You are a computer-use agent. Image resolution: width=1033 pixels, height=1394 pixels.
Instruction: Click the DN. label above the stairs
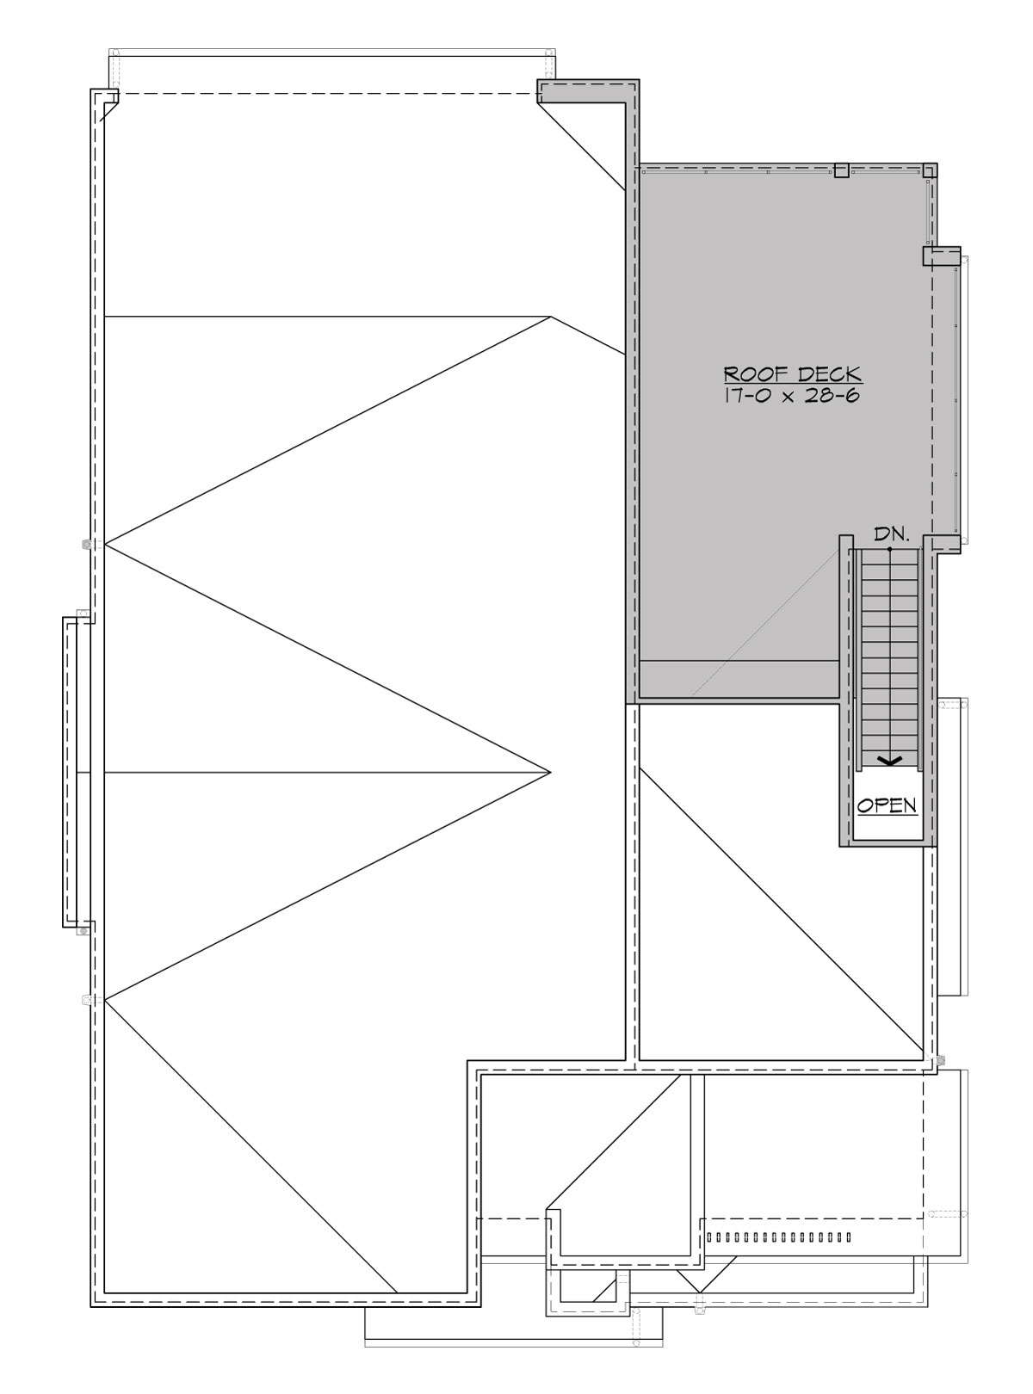[x=891, y=534]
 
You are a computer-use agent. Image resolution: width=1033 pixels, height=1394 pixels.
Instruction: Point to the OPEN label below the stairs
[x=888, y=806]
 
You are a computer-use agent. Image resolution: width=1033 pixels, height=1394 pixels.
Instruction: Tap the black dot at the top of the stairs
[x=890, y=548]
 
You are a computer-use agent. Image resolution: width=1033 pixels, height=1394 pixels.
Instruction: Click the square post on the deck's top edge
[x=842, y=170]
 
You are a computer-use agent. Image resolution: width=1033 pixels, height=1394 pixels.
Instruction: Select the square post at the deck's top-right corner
[x=929, y=170]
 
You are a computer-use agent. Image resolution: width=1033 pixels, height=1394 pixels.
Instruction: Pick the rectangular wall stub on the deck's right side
[x=941, y=256]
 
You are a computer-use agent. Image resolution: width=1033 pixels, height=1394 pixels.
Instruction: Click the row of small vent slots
[x=777, y=1237]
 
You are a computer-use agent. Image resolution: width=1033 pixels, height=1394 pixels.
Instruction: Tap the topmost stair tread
[x=890, y=558]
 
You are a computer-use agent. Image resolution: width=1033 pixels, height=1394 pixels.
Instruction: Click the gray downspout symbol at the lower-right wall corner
[x=941, y=1058]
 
